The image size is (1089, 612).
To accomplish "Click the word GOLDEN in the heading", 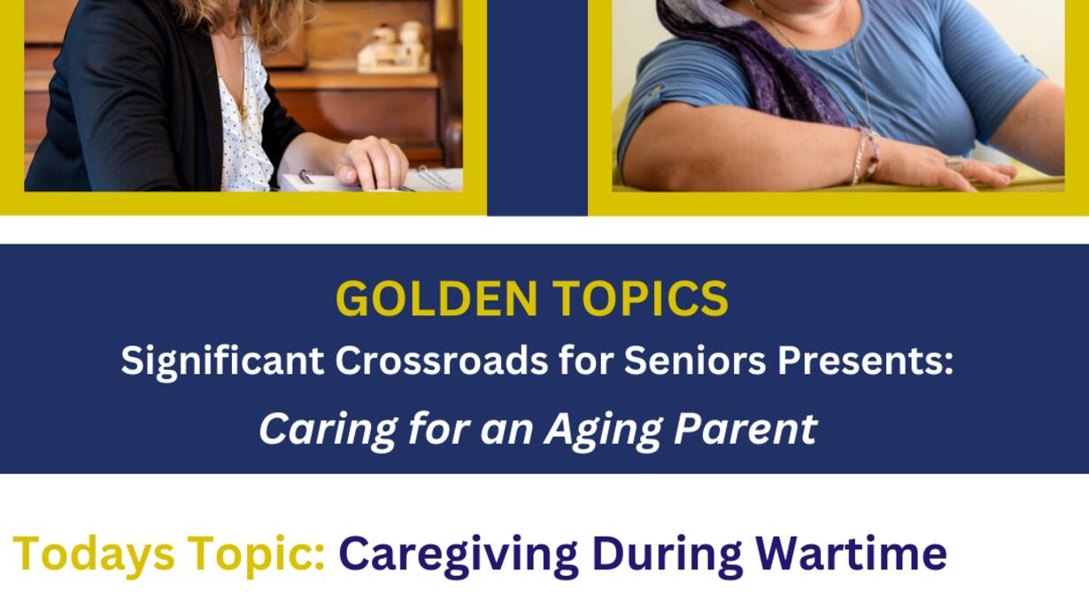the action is [436, 298].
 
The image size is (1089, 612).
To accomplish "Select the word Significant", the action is [222, 362].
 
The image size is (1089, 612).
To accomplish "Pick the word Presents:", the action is [865, 362].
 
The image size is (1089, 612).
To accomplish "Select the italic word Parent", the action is [745, 429].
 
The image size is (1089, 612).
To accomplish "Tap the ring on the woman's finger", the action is [954, 164].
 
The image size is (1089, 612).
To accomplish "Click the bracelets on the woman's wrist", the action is [865, 155].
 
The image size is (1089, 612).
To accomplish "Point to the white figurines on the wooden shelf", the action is [394, 47].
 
